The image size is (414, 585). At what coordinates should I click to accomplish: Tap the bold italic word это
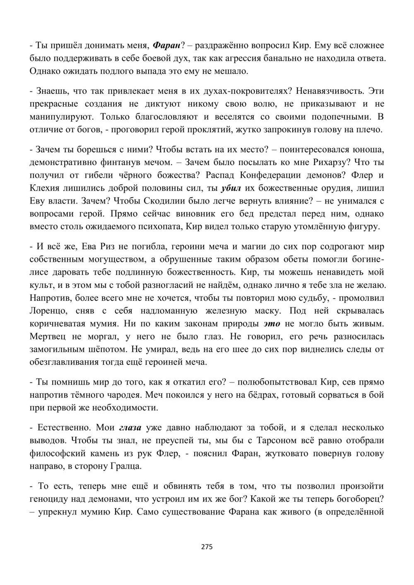[x=272, y=323]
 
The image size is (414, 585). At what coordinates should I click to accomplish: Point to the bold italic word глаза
[x=130, y=427]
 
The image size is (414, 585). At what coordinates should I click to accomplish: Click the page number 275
[x=207, y=547]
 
